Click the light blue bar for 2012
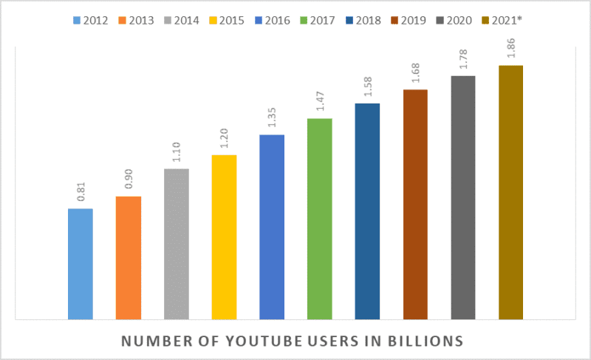pyautogui.click(x=81, y=264)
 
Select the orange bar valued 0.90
pyautogui.click(x=129, y=258)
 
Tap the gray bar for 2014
pyautogui.click(x=177, y=244)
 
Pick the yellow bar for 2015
pyautogui.click(x=224, y=237)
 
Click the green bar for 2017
pyautogui.click(x=319, y=219)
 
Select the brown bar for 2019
pyautogui.click(x=416, y=205)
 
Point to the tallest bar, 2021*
pyautogui.click(x=510, y=192)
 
